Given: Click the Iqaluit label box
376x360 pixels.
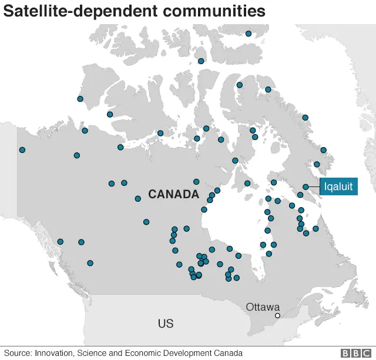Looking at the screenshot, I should coord(338,187).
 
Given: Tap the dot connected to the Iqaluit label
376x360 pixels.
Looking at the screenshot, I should coord(305,187).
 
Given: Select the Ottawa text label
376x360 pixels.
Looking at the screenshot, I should coord(263,306).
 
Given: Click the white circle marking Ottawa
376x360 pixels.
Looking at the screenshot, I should coord(278,316).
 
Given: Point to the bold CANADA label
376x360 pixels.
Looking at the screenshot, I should coord(173,194).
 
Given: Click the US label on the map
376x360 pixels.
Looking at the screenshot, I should coord(166,324).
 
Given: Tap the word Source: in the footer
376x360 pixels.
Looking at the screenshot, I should coord(18,353).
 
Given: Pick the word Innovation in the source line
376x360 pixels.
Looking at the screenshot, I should coord(55,353).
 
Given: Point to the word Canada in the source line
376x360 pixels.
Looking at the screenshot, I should coord(228,353).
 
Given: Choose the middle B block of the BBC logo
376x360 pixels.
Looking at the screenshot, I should coord(355,353).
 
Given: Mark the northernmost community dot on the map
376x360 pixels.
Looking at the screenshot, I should coord(249,34).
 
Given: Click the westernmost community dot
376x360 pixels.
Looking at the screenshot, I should coord(22,150).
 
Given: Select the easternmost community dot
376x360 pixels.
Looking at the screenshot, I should coord(324,150).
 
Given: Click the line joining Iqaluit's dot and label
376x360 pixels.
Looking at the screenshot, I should coord(314,187).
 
